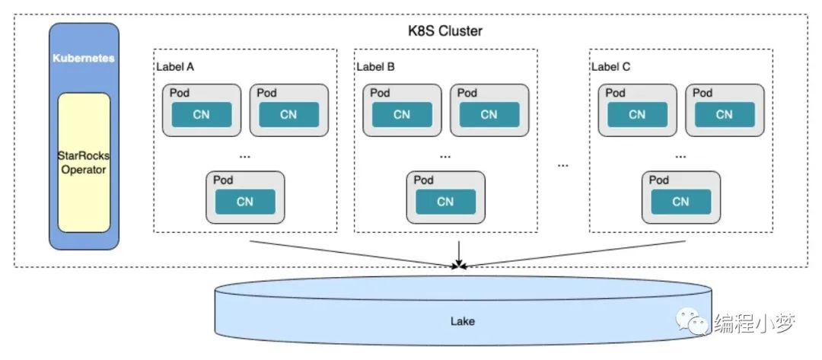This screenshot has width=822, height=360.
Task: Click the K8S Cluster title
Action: [x=445, y=30]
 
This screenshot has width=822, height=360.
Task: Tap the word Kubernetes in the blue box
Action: [x=84, y=58]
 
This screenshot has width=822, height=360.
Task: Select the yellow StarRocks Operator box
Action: [x=84, y=162]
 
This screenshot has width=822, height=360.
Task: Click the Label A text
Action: [x=175, y=67]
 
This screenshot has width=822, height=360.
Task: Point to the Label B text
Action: [x=376, y=67]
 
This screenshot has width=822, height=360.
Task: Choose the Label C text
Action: [x=610, y=67]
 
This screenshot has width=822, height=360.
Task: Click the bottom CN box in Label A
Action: [x=245, y=202]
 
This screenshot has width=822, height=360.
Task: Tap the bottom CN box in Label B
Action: [x=445, y=202]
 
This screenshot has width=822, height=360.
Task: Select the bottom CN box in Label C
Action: [x=681, y=202]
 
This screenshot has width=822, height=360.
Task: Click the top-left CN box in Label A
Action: [x=201, y=115]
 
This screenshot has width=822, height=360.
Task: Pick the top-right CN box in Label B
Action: [x=489, y=115]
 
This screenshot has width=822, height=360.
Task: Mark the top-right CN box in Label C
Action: [x=725, y=115]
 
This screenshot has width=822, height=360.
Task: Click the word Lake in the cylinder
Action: [x=463, y=320]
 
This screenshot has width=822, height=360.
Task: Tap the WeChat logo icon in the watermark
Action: [x=691, y=320]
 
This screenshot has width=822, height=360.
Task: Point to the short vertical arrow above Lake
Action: [x=459, y=253]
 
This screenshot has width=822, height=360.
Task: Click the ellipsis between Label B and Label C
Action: [x=563, y=166]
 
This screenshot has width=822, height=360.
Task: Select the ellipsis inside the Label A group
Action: [x=245, y=157]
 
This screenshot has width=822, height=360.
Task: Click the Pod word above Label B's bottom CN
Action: [x=424, y=180]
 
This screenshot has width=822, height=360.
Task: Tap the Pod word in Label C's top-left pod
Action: [x=616, y=93]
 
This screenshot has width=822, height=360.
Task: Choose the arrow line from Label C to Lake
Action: [x=575, y=254]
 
